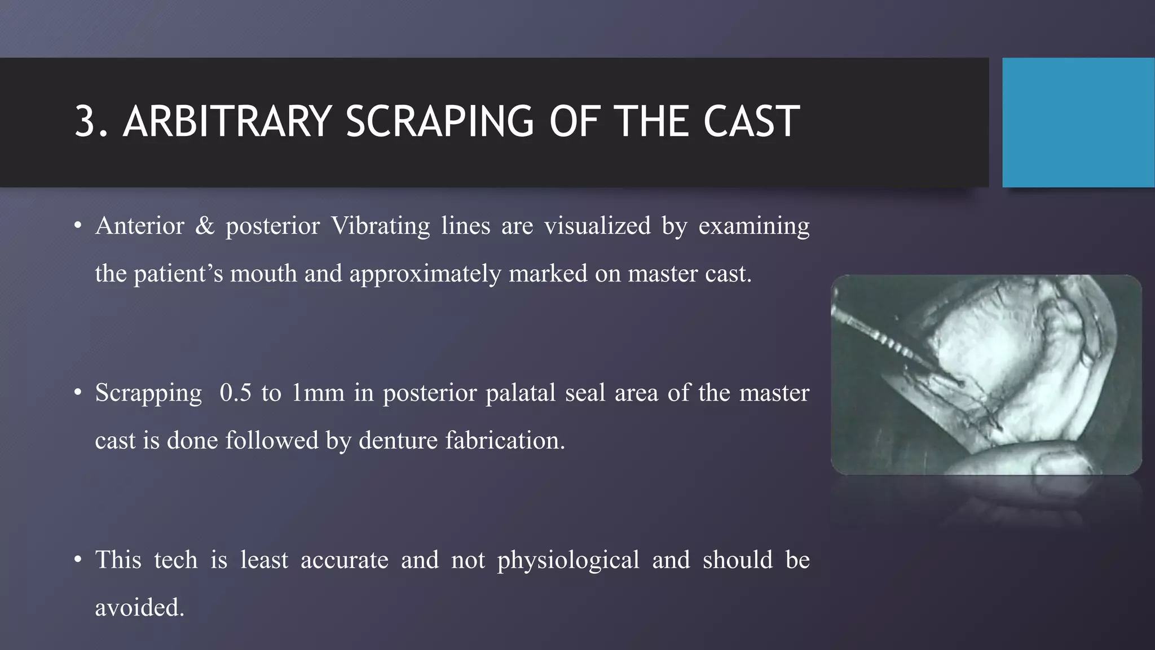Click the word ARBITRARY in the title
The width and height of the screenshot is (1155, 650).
click(227, 121)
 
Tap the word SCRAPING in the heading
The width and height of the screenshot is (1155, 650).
click(439, 121)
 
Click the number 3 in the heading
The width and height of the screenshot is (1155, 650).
click(85, 121)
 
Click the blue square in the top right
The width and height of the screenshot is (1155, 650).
click(1078, 122)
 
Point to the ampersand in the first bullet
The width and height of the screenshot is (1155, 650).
click(205, 226)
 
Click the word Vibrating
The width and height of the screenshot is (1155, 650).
click(380, 226)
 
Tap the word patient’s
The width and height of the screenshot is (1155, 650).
click(178, 274)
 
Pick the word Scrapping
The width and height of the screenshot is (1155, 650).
click(148, 393)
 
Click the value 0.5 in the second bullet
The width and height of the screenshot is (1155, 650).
click(235, 393)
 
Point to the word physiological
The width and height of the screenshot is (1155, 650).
click(568, 560)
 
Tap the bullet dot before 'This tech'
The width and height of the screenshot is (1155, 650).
click(78, 560)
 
